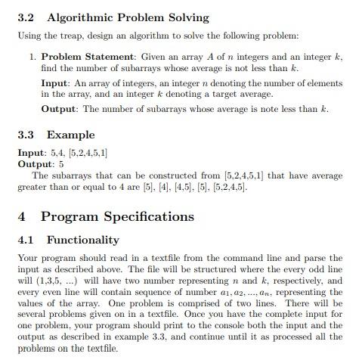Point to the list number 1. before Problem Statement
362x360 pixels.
[32, 57]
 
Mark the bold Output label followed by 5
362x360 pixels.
[36, 163]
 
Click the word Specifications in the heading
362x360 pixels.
[151, 217]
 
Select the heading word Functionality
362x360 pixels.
[93, 241]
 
